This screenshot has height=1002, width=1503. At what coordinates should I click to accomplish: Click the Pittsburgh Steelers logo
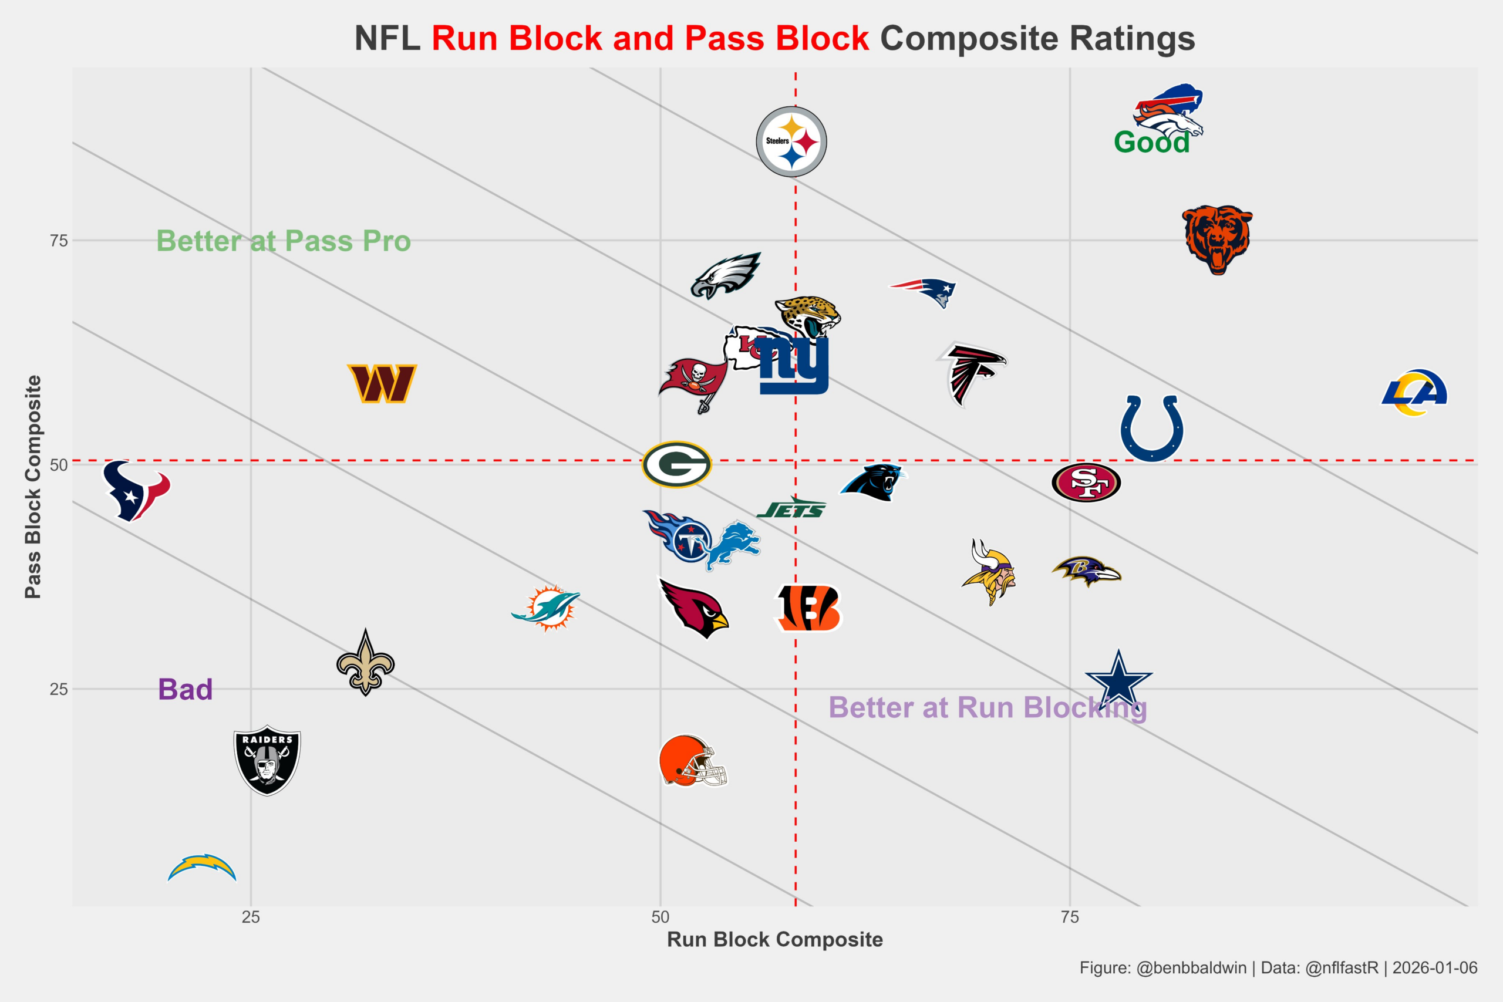coord(791,141)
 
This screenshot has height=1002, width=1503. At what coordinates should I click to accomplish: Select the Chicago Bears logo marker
coord(1217,239)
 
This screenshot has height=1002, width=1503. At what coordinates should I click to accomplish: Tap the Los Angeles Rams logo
coord(1414,392)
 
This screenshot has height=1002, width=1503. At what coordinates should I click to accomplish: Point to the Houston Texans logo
coord(136,490)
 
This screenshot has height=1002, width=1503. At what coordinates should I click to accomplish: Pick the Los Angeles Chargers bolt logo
coord(202,867)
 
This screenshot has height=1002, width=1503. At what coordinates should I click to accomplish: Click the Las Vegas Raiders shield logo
coord(267,760)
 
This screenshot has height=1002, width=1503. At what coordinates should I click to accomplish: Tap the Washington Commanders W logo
coord(382,383)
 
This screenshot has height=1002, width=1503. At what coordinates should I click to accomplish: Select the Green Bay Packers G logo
coord(676,464)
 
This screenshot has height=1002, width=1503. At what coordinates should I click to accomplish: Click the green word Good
coord(1151,142)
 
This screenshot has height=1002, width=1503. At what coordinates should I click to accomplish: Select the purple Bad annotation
coord(186,690)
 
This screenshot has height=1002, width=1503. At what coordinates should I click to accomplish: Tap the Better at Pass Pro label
coord(283,241)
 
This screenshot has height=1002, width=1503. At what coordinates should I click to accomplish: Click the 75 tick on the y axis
coord(58,241)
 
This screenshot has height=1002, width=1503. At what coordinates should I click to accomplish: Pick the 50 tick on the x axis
coord(660,917)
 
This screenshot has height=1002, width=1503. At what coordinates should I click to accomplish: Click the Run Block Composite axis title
coord(774,939)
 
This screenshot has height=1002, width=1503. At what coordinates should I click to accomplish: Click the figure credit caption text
coord(1278,967)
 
